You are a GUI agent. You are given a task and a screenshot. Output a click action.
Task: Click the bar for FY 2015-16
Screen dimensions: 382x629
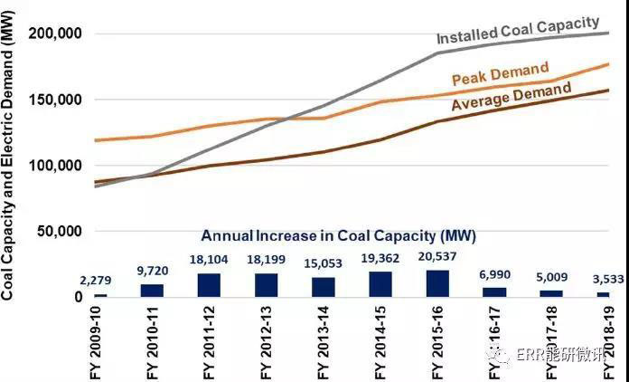(x=437, y=283)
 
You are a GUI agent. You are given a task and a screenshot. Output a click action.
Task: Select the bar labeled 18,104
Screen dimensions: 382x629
(x=208, y=285)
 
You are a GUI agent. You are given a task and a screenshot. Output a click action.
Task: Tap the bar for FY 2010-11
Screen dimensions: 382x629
(x=151, y=291)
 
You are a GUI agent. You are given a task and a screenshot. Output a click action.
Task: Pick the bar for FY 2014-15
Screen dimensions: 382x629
(x=380, y=284)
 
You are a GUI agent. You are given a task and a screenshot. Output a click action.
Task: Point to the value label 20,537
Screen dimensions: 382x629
(x=438, y=261)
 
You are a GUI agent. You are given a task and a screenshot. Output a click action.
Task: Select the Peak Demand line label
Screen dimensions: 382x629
(x=512, y=72)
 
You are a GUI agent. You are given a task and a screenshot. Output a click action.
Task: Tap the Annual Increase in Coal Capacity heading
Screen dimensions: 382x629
(x=337, y=235)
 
